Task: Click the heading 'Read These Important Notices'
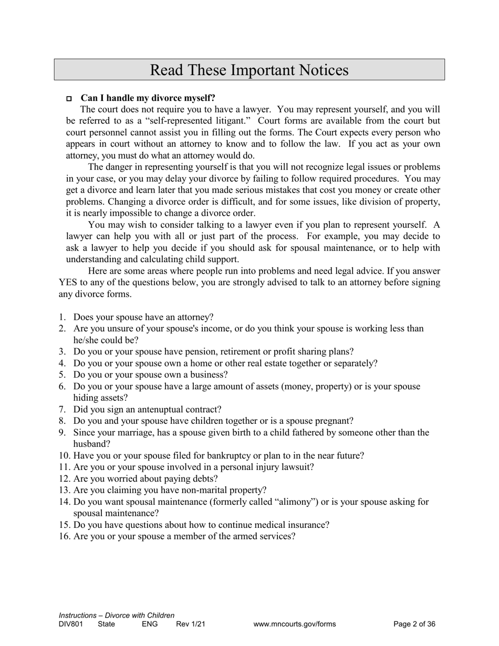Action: coord(249,70)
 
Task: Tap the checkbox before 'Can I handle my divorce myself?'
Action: coord(69,99)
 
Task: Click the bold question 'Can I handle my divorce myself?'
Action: coord(148,98)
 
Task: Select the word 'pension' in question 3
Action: coord(189,352)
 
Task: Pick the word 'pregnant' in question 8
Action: coord(334,421)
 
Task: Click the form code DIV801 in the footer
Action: coord(71,624)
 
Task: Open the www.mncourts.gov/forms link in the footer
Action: coord(294,624)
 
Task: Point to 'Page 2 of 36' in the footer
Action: coord(414,624)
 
